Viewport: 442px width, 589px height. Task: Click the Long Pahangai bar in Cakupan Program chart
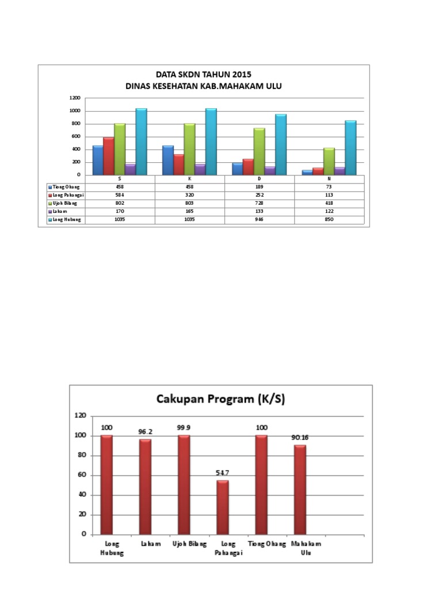(223, 507)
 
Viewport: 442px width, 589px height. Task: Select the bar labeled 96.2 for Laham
(146, 487)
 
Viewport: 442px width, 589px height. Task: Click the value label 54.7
(223, 473)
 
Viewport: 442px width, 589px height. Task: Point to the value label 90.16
(300, 438)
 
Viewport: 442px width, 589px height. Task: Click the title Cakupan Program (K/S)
(221, 399)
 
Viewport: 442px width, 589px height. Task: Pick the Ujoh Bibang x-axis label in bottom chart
(184, 544)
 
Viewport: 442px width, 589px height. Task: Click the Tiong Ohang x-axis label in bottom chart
(266, 544)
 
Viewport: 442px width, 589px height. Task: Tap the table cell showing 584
(120, 195)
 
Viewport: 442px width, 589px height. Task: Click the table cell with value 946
(259, 220)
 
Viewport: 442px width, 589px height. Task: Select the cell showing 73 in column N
(329, 187)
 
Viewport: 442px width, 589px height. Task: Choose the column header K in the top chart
(189, 179)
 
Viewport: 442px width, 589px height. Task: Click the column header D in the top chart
(259, 179)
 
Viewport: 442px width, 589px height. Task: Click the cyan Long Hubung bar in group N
(350, 148)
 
